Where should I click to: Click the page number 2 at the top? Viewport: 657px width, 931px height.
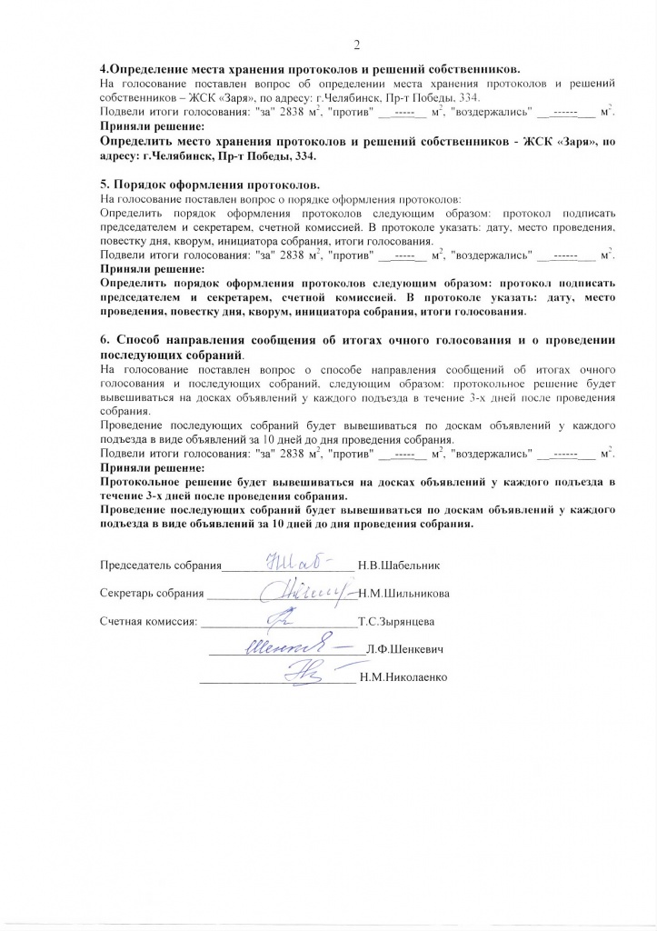click(356, 46)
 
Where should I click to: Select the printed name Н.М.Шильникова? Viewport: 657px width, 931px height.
click(403, 594)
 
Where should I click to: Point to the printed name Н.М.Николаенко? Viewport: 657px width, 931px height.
click(403, 677)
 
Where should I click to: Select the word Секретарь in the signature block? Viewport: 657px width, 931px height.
click(126, 594)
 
